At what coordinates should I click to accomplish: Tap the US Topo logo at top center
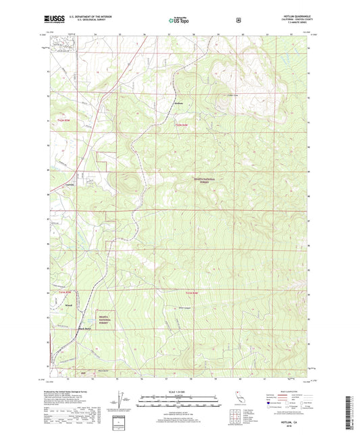(179, 20)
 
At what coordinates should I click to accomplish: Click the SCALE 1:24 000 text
(179, 392)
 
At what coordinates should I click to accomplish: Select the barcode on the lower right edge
(353, 412)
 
